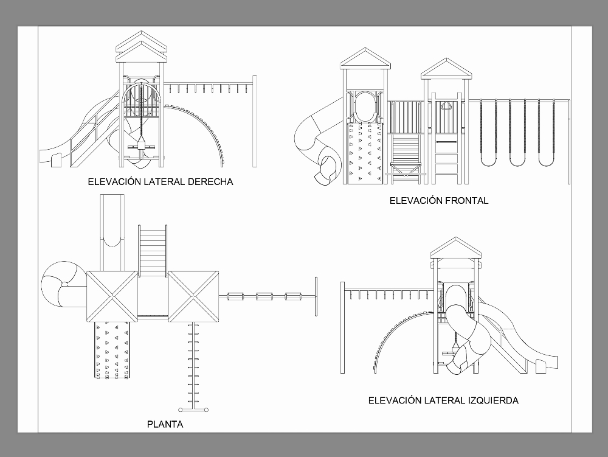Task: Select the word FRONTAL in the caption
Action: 466,200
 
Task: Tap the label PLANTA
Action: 165,424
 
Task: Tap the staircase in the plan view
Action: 153,250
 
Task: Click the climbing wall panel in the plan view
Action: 112,350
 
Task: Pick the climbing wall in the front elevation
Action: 365,152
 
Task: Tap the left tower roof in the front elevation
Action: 365,60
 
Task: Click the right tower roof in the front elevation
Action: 446,68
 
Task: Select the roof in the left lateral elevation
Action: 455,248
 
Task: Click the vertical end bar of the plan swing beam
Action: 316,296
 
